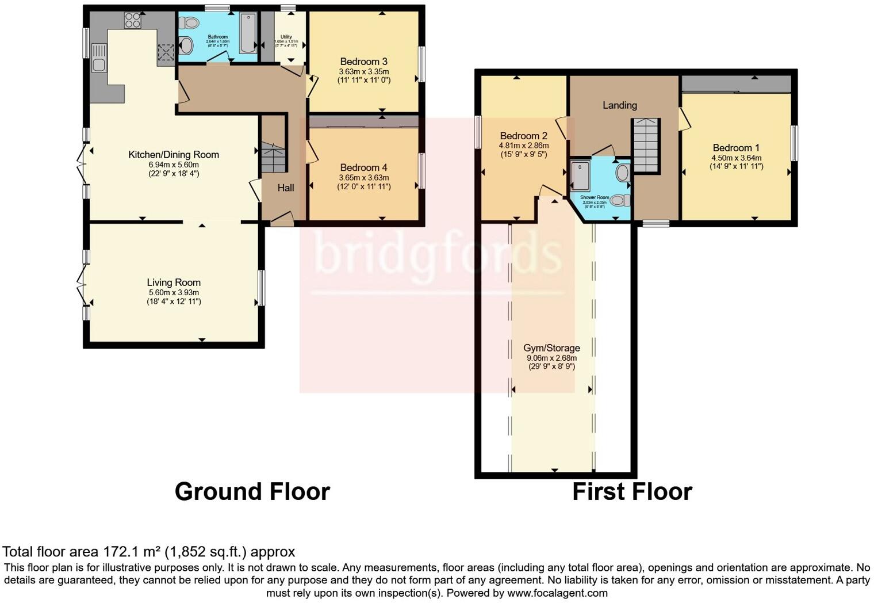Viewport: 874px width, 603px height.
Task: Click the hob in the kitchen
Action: point(132,21)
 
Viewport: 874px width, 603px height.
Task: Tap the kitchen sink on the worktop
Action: point(98,58)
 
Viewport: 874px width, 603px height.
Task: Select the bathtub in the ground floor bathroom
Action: point(248,33)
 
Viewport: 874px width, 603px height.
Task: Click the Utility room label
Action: point(286,37)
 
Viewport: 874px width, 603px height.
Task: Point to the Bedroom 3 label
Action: point(363,62)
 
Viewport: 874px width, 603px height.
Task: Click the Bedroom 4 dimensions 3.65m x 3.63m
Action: point(363,178)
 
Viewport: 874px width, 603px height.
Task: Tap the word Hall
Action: point(286,188)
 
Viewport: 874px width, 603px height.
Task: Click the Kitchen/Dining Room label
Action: point(173,154)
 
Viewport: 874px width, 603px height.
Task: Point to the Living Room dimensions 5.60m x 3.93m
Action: point(173,292)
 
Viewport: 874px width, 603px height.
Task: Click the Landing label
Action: point(619,105)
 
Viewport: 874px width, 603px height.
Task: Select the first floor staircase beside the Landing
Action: point(646,145)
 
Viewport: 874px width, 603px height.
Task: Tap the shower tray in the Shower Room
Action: point(580,175)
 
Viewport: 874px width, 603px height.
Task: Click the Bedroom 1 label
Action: point(736,148)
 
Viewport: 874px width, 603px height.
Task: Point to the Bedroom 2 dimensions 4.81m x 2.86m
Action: point(523,146)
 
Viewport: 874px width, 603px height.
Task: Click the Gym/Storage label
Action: point(551,348)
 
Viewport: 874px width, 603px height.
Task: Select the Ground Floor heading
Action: point(252,492)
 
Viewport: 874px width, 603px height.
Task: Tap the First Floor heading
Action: point(632,492)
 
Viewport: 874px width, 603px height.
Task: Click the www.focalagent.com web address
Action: point(557,593)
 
